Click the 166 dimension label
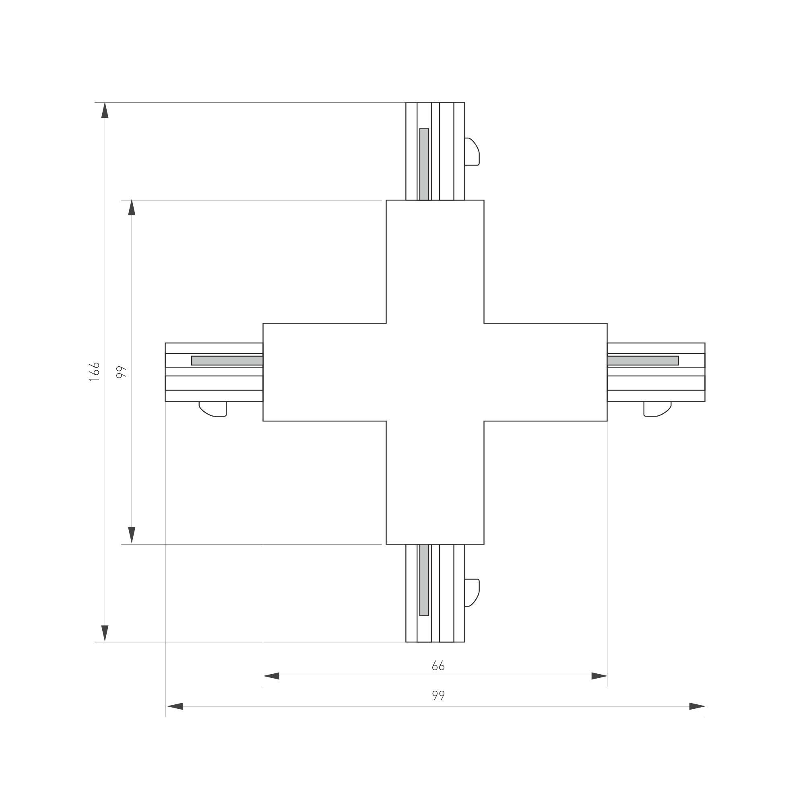(x=95, y=371)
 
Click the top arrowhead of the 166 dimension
(x=105, y=110)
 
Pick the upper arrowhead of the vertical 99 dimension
(x=132, y=208)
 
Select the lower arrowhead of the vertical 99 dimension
(x=132, y=535)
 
